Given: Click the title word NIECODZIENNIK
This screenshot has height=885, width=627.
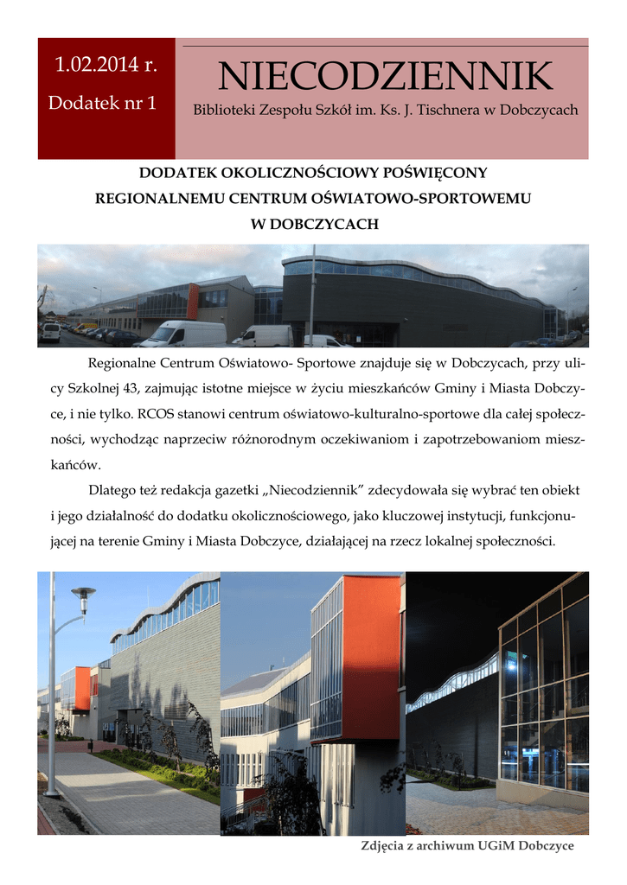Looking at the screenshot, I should coord(385,78).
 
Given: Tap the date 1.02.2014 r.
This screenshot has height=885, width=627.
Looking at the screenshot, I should coord(106,65).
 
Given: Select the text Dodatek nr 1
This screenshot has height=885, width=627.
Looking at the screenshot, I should coord(102,103).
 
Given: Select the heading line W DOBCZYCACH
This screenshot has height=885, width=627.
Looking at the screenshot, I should coord(314,224).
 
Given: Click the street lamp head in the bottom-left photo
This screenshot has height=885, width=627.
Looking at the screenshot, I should coord(83,594).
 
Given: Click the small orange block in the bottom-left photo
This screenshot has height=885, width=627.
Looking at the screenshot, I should coord(82,687).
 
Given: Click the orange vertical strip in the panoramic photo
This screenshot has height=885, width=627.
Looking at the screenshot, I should coord(193,301).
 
